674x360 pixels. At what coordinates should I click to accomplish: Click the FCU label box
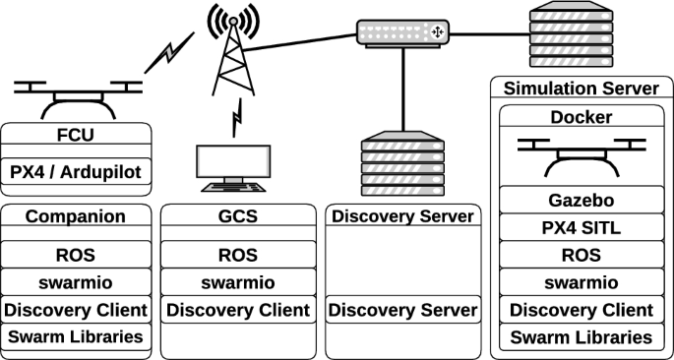77,134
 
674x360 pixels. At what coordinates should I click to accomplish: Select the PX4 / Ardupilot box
77,172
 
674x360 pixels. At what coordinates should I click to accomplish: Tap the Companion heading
77,216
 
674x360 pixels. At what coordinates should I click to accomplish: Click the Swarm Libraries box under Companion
77,337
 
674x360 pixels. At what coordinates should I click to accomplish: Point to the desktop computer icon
233,168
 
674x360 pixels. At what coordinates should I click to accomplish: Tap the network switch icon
401,32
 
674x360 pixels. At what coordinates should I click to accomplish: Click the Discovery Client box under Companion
77,310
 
